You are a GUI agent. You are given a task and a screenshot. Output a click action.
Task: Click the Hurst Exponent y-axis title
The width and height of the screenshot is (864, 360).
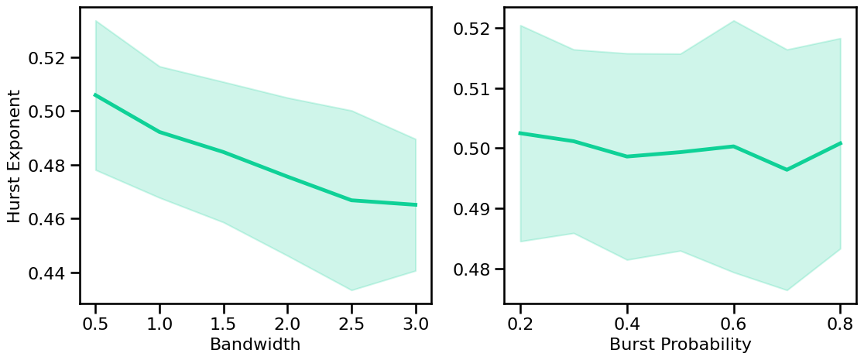[x=15, y=156]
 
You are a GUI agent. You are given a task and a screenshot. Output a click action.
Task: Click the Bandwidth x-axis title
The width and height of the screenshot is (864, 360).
[x=255, y=345]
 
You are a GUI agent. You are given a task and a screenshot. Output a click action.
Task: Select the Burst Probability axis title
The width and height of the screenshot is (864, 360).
[x=680, y=345]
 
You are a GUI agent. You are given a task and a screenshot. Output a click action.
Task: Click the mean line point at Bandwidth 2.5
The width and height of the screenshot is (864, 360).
[x=351, y=201]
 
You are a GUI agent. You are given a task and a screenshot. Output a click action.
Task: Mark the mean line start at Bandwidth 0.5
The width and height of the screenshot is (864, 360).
[x=95, y=94]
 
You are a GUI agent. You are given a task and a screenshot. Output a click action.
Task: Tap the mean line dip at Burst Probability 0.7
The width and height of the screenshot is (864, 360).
[x=787, y=170]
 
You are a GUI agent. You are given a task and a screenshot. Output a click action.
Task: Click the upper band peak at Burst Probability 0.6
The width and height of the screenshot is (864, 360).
[x=733, y=21]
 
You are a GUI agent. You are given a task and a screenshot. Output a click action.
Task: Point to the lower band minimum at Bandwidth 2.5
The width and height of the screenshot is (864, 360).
[x=351, y=290]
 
